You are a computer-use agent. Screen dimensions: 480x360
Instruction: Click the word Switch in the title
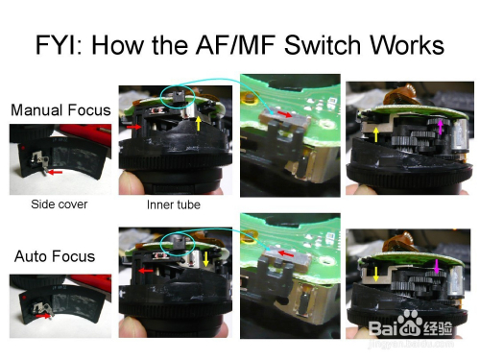tap(324, 45)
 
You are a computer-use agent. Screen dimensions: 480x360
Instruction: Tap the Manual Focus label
tap(60, 110)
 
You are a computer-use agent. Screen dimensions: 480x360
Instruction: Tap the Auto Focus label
tap(55, 256)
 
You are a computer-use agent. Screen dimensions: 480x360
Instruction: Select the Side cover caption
tap(60, 204)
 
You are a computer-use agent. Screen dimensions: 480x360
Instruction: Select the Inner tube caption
tap(174, 204)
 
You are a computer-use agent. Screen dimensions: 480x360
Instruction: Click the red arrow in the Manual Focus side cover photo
tap(55, 173)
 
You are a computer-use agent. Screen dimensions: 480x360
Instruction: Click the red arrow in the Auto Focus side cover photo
tap(43, 316)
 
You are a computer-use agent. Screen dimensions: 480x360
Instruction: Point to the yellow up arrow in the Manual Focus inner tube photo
tap(199, 123)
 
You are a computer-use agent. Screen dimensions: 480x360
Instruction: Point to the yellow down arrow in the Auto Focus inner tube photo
tap(205, 259)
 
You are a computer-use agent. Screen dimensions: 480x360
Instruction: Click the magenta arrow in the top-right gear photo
tap(441, 127)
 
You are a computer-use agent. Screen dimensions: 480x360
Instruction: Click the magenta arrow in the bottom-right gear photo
tap(436, 267)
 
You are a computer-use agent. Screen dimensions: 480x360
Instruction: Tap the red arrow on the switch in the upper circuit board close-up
tap(284, 114)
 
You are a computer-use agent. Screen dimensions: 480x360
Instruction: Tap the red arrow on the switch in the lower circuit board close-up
tap(286, 253)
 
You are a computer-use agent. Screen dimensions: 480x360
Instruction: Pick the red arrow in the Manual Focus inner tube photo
tap(134, 127)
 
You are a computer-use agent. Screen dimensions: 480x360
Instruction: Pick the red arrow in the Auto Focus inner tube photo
tap(146, 271)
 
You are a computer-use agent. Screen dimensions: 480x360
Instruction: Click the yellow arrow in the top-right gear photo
tap(376, 134)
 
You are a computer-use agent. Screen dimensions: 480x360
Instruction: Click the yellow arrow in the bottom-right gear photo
tap(376, 275)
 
